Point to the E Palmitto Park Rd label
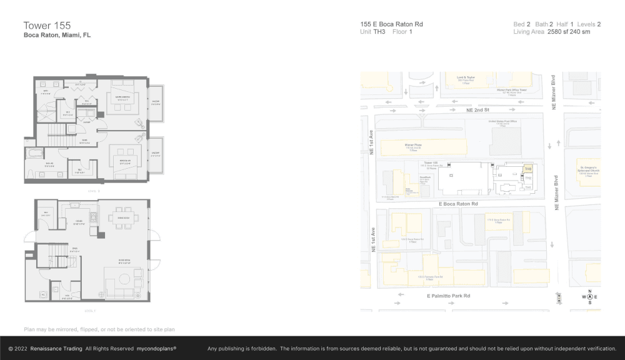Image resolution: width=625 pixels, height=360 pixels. pyautogui.click(x=448, y=296)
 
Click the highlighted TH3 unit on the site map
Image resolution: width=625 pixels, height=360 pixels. pyautogui.click(x=527, y=169)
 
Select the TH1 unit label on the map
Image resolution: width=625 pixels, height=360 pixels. pyautogui.click(x=527, y=187)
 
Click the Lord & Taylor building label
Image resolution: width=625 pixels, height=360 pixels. pyautogui.click(x=466, y=78)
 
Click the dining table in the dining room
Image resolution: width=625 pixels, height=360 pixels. pyautogui.click(x=121, y=218)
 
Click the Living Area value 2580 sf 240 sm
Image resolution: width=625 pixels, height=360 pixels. pyautogui.click(x=569, y=31)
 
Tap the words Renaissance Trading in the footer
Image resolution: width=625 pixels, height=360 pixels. pyautogui.click(x=56, y=349)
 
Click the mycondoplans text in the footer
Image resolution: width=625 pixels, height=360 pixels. pyautogui.click(x=156, y=349)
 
